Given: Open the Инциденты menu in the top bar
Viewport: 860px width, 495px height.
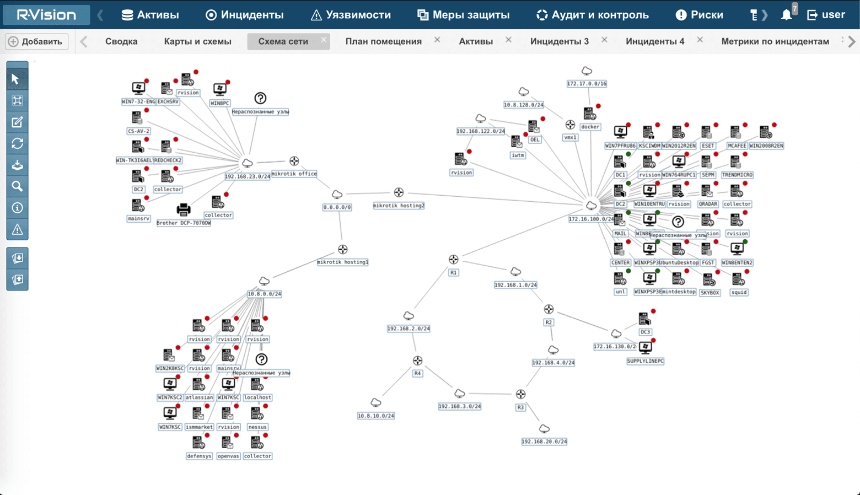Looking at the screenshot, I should [x=244, y=15].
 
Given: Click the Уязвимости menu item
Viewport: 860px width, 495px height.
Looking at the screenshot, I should [x=351, y=15].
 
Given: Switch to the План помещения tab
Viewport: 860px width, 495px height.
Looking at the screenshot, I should [x=383, y=41].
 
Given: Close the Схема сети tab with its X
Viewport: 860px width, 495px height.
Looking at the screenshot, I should [x=324, y=40].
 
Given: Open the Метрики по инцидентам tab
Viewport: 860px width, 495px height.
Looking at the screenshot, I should [x=775, y=41].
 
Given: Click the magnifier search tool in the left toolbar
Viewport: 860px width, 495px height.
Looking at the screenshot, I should [x=17, y=186].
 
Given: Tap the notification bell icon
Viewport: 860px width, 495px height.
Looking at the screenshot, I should [x=786, y=15].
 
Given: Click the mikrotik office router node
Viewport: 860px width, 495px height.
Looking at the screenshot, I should [x=294, y=161].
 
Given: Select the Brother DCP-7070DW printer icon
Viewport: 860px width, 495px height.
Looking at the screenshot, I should [x=184, y=209].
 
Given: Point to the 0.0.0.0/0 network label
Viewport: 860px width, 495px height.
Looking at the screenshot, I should [x=337, y=207].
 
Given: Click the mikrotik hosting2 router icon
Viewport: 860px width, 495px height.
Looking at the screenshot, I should [x=399, y=192].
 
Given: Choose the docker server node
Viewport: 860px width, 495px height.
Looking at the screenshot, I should [x=589, y=114].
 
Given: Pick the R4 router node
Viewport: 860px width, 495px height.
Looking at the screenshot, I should [x=417, y=361].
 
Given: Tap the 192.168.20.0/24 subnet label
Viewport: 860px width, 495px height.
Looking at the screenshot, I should [x=544, y=442].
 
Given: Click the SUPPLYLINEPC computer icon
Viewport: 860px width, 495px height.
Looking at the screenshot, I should [x=645, y=347].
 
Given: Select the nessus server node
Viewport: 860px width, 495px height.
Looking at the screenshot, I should [x=257, y=413].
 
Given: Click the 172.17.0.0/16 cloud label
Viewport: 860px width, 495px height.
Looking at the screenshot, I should [x=587, y=84].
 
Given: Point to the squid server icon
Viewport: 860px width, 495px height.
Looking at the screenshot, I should [x=738, y=279].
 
